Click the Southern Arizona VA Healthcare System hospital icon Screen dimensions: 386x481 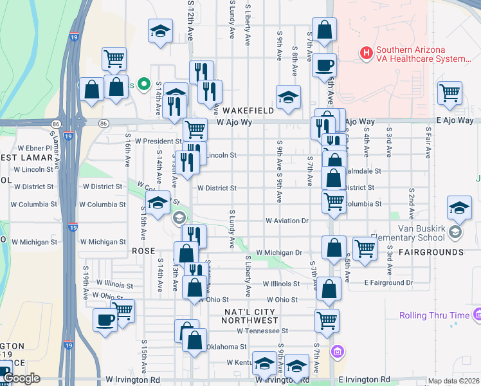coord(367,52)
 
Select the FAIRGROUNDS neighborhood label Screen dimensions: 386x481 coord(431,252)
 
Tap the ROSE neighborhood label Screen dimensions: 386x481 coord(143,250)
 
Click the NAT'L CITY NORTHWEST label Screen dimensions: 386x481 coord(251,316)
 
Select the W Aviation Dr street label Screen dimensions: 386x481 coord(287,221)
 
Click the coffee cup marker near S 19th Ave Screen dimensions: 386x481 coord(105,320)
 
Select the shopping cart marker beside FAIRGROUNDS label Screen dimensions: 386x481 coord(365,248)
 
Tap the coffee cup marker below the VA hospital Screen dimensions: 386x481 coord(324,64)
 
